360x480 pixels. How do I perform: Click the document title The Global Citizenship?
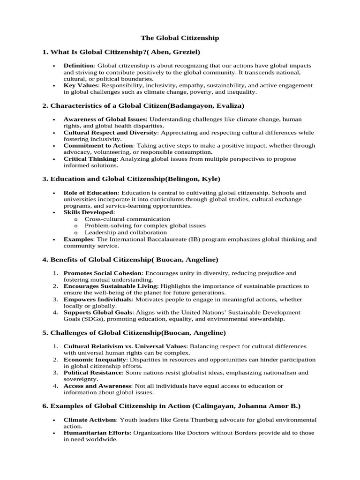[180, 37]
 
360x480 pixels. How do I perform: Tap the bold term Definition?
[79, 66]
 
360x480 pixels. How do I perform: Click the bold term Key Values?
[81, 86]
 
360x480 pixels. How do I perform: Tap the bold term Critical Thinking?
[90, 159]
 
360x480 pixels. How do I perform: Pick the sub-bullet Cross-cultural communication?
[127, 219]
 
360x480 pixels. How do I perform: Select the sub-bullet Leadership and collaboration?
[126, 232]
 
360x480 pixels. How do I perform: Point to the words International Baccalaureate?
[144, 239]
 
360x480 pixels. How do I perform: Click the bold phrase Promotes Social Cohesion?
[103, 273]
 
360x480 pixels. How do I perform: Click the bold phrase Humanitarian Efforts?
[97, 433]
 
